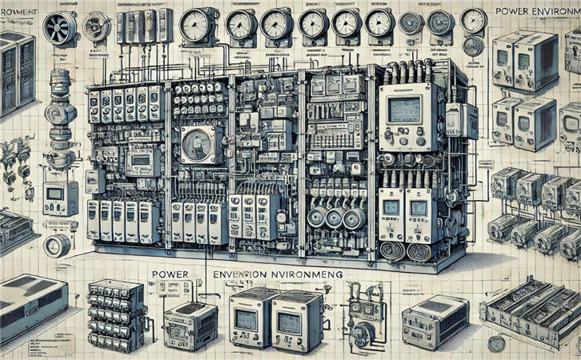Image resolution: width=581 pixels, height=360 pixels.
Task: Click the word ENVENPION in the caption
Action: click(x=245, y=274)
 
